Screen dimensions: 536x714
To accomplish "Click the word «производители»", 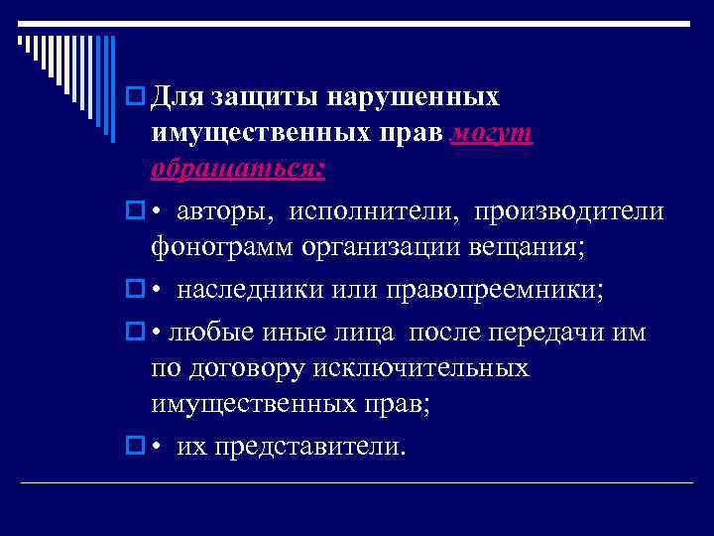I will (x=568, y=211).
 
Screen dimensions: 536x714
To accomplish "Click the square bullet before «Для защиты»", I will (x=135, y=98).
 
